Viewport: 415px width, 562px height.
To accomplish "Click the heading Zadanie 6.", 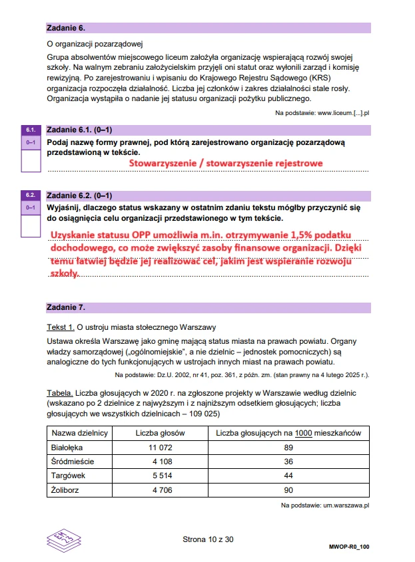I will point(66,28).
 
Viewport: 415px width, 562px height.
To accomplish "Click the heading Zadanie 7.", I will point(66,307).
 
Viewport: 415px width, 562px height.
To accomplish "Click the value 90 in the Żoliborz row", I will point(288,491).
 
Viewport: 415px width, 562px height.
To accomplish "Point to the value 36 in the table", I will point(288,462).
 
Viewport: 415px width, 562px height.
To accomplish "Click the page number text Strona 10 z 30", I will point(208,539).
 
